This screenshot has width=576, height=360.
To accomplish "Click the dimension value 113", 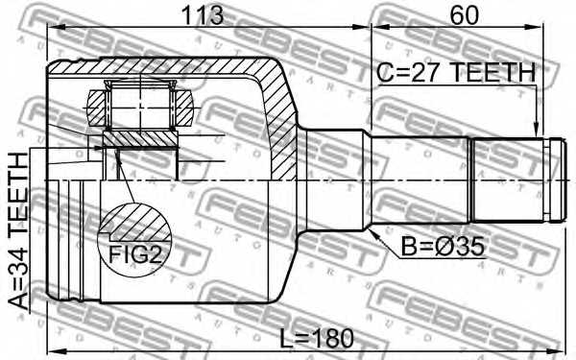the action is tap(203, 15).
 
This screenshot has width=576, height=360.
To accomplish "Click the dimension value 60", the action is tap(465, 15).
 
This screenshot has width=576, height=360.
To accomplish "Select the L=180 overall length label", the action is tap(317, 338).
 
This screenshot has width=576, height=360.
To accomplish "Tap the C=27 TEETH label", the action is tap(456, 72).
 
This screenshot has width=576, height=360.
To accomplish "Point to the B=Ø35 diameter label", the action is tap(443, 247).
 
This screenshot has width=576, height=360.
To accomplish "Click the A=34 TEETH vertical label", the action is tap(18, 231).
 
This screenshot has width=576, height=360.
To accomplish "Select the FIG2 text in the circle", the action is tap(135, 254).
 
